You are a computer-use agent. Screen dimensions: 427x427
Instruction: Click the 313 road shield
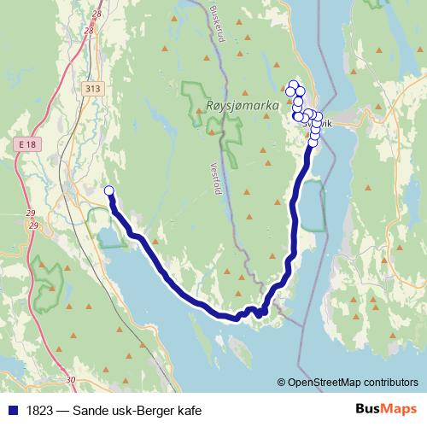pos(93,87)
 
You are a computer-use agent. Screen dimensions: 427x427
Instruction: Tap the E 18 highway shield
pos(28,146)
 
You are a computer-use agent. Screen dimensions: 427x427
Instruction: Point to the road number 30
pos(71,379)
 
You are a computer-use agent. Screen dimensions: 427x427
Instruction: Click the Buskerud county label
pos(217,18)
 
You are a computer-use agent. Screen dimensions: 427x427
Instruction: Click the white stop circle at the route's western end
pos(108,190)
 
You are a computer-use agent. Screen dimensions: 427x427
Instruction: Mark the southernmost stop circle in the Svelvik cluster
pos(313,143)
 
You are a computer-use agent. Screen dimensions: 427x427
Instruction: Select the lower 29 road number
pos(33,225)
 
